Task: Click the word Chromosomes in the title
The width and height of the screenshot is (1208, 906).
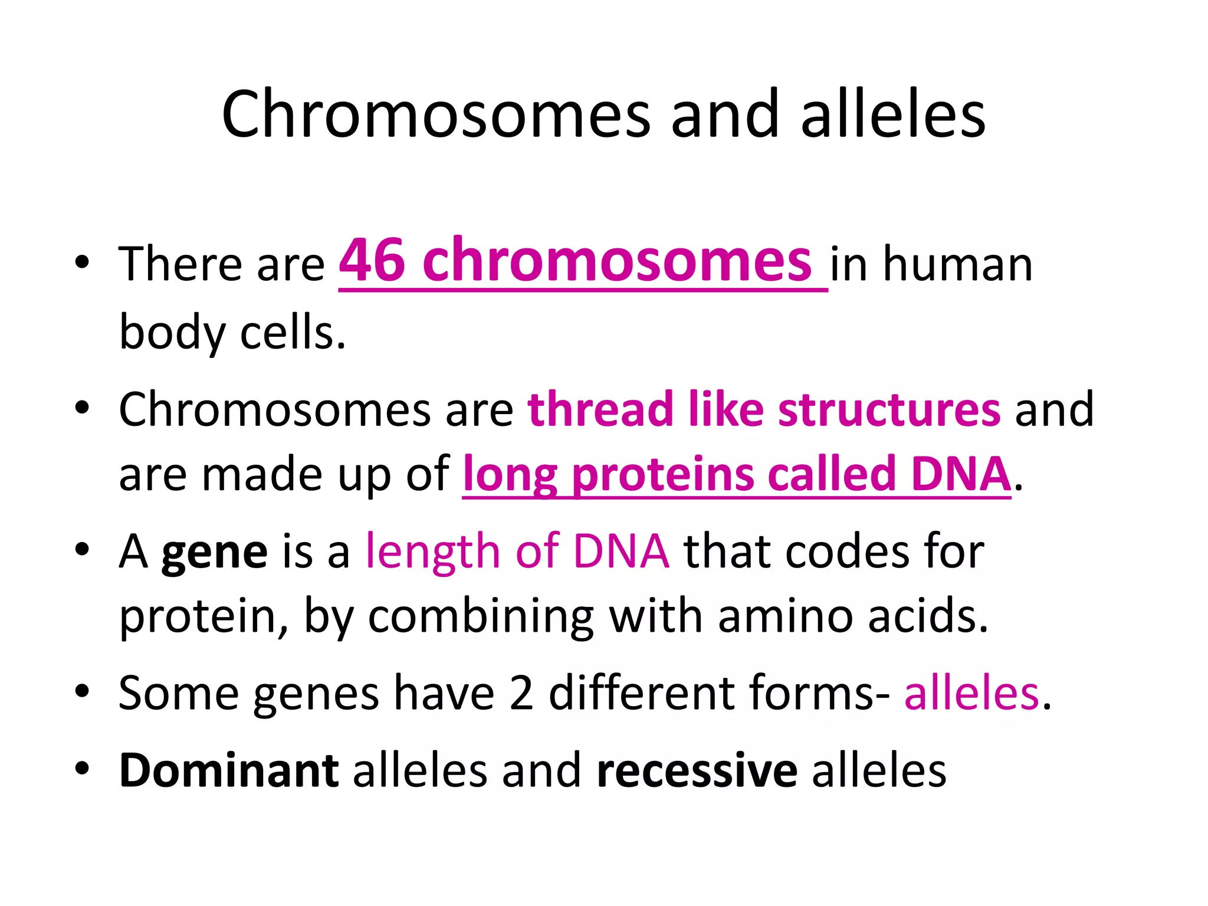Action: (x=436, y=114)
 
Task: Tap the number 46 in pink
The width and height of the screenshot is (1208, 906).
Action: (x=372, y=261)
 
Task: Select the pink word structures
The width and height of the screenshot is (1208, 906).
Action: (x=889, y=409)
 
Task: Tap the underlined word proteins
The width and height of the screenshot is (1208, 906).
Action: (x=663, y=474)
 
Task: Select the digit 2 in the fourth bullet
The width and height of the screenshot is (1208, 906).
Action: (x=521, y=693)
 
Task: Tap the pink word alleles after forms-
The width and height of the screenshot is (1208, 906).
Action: (x=971, y=693)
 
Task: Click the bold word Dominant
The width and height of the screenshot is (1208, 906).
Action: (x=229, y=770)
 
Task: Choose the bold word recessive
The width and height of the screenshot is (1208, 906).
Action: (x=697, y=770)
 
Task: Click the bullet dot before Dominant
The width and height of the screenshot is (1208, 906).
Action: (x=82, y=768)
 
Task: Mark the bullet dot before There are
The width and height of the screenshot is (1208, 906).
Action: (x=82, y=262)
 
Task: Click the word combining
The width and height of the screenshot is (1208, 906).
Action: (x=481, y=616)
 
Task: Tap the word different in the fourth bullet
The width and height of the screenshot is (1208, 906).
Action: (x=642, y=693)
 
